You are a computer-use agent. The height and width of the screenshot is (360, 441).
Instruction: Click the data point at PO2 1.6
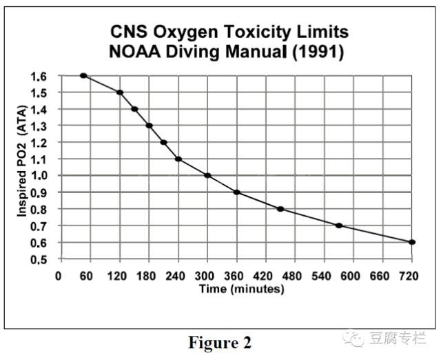pos(83,75)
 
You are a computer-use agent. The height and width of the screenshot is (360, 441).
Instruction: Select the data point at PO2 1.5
pos(120,92)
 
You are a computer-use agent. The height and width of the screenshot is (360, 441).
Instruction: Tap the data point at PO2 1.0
pos(207,175)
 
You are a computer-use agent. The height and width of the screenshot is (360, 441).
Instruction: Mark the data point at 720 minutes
pos(412,242)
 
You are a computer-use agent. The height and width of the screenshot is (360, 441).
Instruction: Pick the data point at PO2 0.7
pos(339,226)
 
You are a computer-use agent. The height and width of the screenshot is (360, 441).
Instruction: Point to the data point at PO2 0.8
pos(280,209)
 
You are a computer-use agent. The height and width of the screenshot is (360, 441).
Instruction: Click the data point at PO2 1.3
pos(149,126)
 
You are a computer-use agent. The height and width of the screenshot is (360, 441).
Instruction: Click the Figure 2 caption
pos(220,343)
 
